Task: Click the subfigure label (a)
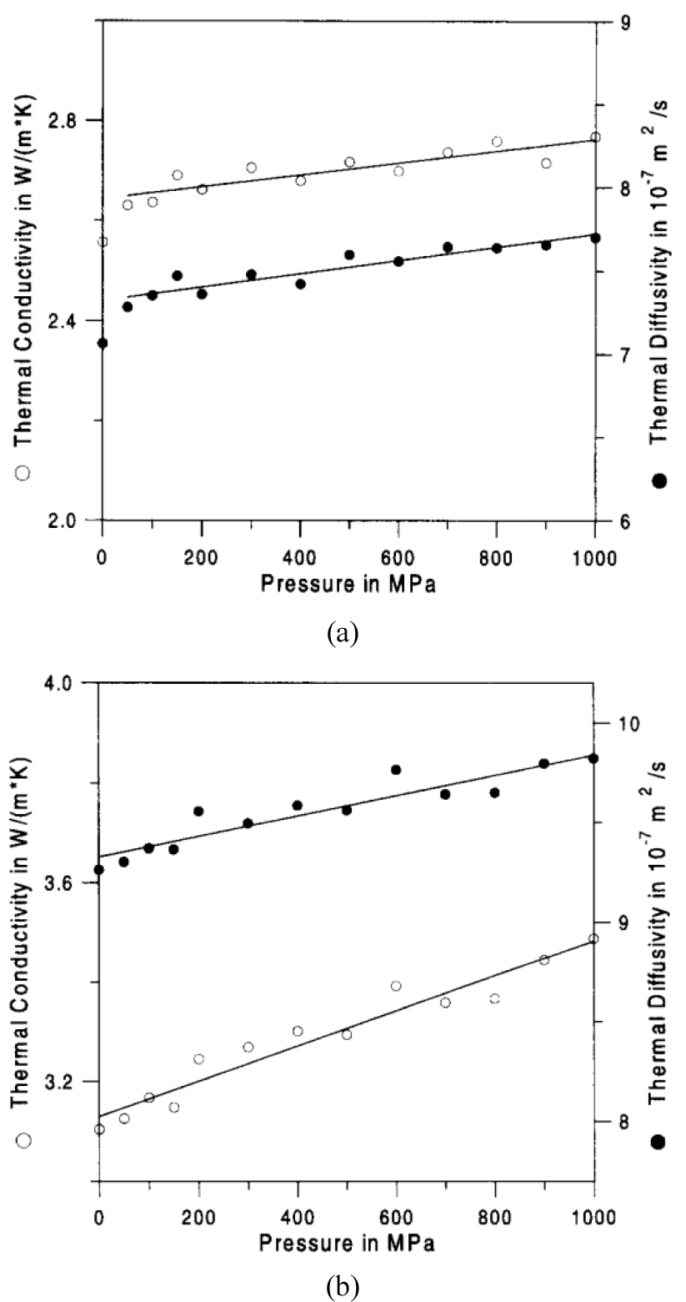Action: click(343, 634)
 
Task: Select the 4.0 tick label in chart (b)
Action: click(66, 683)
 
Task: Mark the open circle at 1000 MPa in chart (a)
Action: click(595, 137)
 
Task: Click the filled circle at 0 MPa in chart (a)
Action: click(103, 343)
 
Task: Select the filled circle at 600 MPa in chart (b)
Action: click(396, 769)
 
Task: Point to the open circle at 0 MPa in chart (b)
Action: click(99, 1129)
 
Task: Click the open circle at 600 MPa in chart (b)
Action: click(396, 986)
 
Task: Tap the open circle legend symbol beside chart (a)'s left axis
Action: click(23, 473)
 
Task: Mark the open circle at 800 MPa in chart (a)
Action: click(497, 142)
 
